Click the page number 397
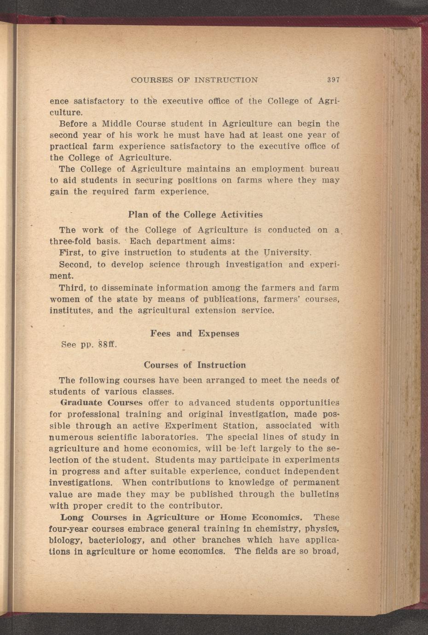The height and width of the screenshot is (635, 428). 333,80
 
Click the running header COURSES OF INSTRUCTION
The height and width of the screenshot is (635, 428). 194,80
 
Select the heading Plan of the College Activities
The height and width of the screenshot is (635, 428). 195,215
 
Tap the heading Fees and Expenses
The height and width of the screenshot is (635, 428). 194,333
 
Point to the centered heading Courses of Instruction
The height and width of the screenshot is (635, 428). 195,365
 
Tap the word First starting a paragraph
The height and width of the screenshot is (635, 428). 70,253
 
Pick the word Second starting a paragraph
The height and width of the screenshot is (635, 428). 75,265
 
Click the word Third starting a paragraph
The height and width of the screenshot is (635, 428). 72,288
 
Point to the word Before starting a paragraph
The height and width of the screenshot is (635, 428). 75,124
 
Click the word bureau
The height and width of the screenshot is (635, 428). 324,169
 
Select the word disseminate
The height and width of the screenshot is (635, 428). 126,288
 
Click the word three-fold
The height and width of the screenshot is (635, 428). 69,241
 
